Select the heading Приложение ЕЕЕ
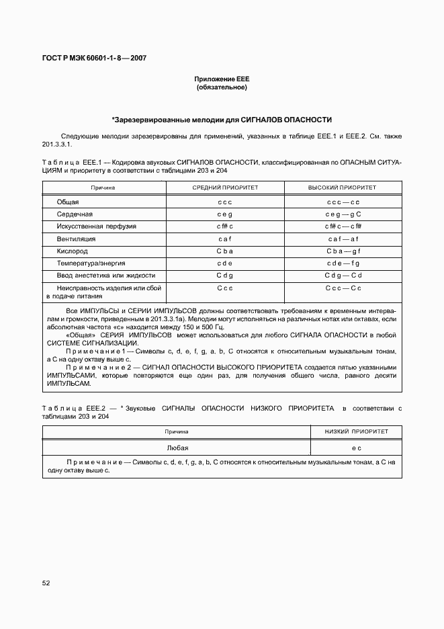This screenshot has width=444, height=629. click(x=222, y=79)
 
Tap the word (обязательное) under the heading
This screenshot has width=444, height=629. click(x=222, y=87)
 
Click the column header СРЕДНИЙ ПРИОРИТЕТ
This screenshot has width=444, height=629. click(x=225, y=187)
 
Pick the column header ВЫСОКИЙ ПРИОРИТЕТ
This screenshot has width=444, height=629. click(x=343, y=187)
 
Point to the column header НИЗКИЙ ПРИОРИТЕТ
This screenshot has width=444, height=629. click(x=356, y=431)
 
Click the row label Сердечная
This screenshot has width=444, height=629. click(x=75, y=214)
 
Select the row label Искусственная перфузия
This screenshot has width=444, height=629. click(x=96, y=226)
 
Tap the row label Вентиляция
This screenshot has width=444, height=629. click(x=76, y=239)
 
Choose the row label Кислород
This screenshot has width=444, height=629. click(x=73, y=251)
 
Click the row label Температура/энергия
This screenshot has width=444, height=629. click(x=91, y=263)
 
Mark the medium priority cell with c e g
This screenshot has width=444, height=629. click(x=225, y=214)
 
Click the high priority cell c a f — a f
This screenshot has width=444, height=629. click(x=343, y=239)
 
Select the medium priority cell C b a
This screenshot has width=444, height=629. click(x=225, y=251)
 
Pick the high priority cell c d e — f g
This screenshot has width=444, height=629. click(x=343, y=263)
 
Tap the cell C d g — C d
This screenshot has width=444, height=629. click(x=343, y=276)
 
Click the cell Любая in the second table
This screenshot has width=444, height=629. click(x=177, y=447)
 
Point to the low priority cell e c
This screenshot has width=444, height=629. click(x=356, y=447)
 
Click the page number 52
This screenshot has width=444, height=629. click(x=46, y=583)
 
